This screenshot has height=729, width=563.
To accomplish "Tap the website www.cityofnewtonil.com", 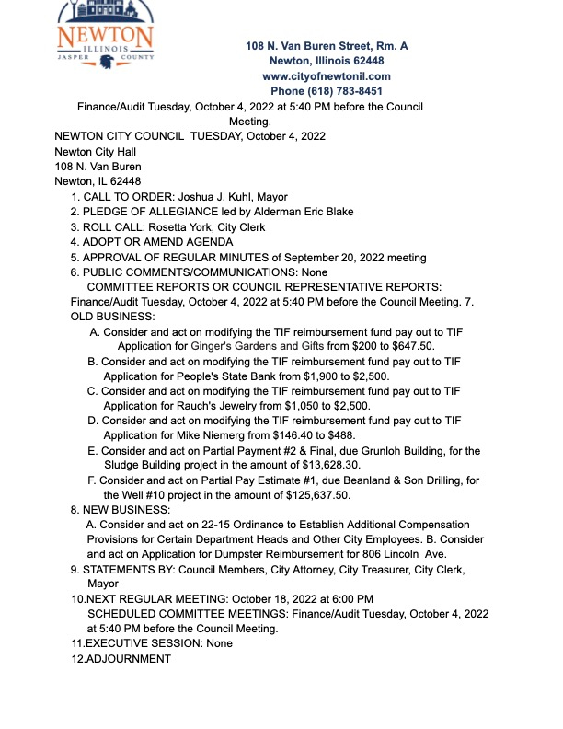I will pos(327,76).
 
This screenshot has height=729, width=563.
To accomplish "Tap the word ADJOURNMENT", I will pos(128,659).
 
